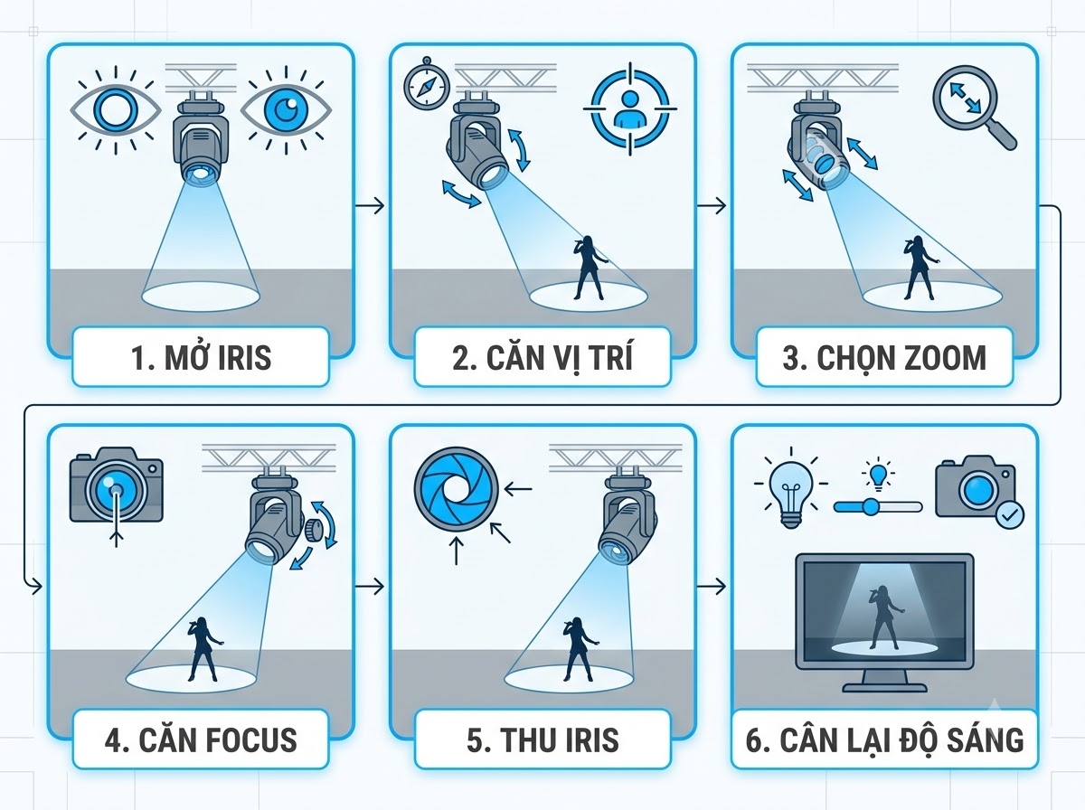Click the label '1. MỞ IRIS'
click(202, 358)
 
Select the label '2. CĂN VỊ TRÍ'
click(542, 358)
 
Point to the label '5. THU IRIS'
click(542, 740)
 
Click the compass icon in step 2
click(427, 84)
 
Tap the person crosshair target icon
click(629, 108)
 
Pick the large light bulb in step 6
click(791, 486)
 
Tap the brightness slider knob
click(870, 507)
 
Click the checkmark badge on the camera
click(1009, 515)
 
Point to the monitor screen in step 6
click(884, 612)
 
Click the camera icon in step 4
click(116, 485)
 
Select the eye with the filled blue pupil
click(286, 109)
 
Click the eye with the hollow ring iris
click(116, 109)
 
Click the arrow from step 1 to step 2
click(369, 205)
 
